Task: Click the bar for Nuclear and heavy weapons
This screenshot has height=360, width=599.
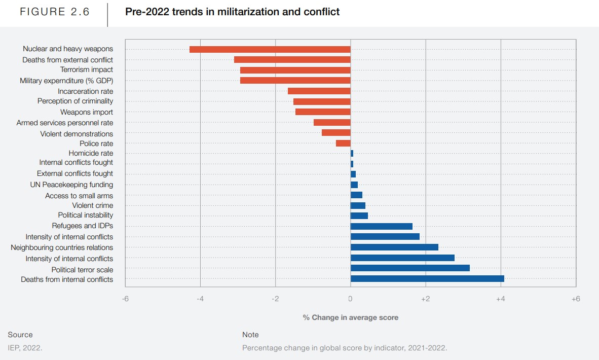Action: [270, 49]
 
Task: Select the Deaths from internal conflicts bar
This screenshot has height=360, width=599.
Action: [427, 279]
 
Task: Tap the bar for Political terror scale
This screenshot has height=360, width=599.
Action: [410, 268]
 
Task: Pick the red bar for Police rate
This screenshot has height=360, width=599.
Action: [343, 143]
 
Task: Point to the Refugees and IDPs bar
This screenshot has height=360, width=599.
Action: [382, 226]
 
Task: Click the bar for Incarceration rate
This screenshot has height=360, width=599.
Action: [319, 91]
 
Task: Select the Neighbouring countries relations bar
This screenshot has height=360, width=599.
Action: [394, 247]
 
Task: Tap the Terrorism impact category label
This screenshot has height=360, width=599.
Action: [87, 69]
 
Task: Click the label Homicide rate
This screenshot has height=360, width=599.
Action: [91, 153]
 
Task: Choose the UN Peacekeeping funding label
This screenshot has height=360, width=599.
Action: [71, 185]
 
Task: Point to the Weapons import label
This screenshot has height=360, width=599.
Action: [87, 112]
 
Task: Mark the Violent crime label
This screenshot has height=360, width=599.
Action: [93, 205]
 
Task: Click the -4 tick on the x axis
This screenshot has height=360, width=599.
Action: [200, 299]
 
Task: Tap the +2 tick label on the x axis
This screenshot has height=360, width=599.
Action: [425, 299]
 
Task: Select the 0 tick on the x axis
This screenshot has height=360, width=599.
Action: [350, 299]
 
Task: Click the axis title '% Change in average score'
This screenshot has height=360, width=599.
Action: [351, 317]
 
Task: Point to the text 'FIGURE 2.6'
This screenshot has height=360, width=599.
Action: [55, 12]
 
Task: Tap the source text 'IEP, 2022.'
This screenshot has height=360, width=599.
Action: [25, 348]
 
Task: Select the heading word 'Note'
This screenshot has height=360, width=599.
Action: [250, 335]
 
